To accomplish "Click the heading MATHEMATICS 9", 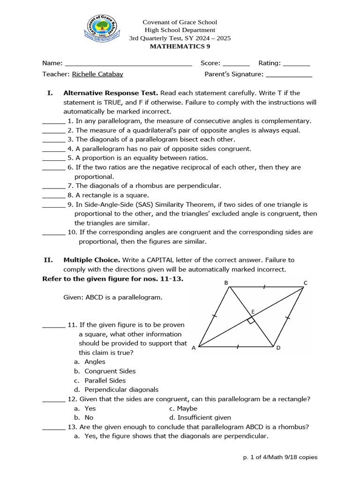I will tap(180, 46).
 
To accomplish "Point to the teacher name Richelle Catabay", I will tap(98, 74).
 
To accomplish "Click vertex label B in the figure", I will tap(226, 283).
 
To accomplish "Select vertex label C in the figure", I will tap(305, 283).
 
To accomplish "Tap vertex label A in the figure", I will tap(194, 348).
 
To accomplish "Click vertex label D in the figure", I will tap(278, 348).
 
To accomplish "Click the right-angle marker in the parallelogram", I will tap(251, 321).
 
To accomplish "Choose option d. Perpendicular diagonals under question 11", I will tap(121, 390).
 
